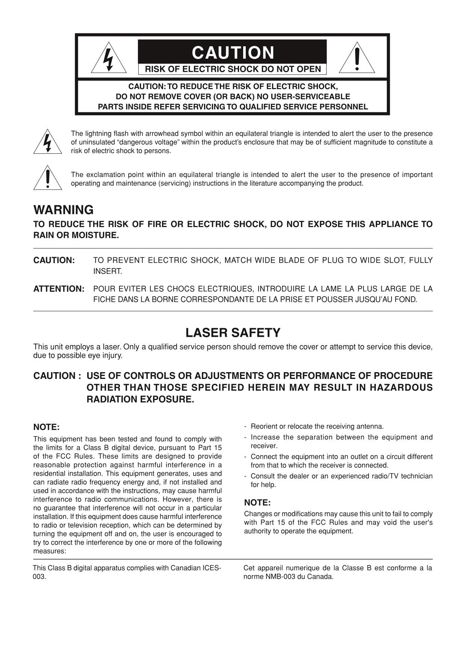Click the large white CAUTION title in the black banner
pyautogui.click(x=233, y=53)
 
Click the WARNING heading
pyautogui.click(x=64, y=210)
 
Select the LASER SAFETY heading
pyautogui.click(x=233, y=333)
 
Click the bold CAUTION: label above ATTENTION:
pyautogui.click(x=54, y=261)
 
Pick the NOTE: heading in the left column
pyautogui.click(x=47, y=427)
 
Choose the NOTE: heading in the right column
pyautogui.click(x=257, y=503)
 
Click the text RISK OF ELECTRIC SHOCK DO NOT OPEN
pyautogui.click(x=233, y=69)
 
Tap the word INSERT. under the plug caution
pyautogui.click(x=108, y=271)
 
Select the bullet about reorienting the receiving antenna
pyautogui.click(x=317, y=426)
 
